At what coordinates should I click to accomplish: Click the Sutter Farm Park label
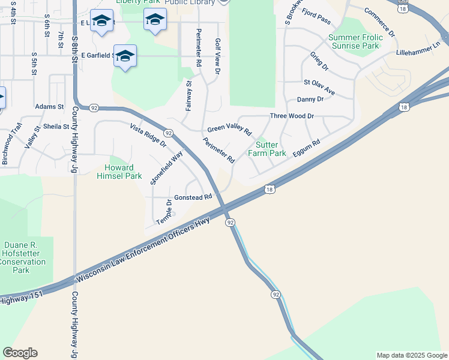coord(271,149)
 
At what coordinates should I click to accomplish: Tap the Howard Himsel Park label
coord(123,172)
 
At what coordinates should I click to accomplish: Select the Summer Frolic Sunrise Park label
coord(354,41)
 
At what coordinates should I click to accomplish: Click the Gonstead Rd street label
coord(193,197)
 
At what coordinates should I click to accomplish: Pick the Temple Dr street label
coord(164,213)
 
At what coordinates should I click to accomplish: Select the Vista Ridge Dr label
coord(148,135)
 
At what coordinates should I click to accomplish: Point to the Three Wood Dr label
coord(292,115)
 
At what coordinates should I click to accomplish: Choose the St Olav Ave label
coord(319,88)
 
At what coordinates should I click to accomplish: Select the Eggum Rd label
coord(306,149)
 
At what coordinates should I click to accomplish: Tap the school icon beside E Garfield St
coord(125,56)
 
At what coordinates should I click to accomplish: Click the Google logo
coord(20,353)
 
